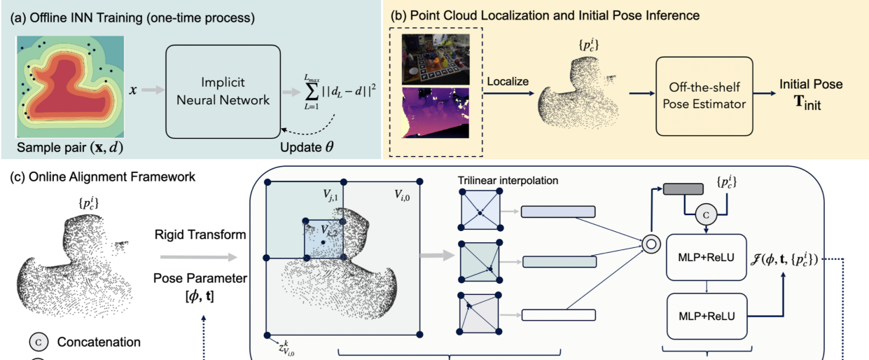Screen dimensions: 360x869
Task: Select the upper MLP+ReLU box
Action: coord(706,258)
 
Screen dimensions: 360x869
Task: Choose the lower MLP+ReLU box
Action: coord(706,316)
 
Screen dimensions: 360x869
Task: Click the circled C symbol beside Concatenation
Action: coord(39,342)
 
